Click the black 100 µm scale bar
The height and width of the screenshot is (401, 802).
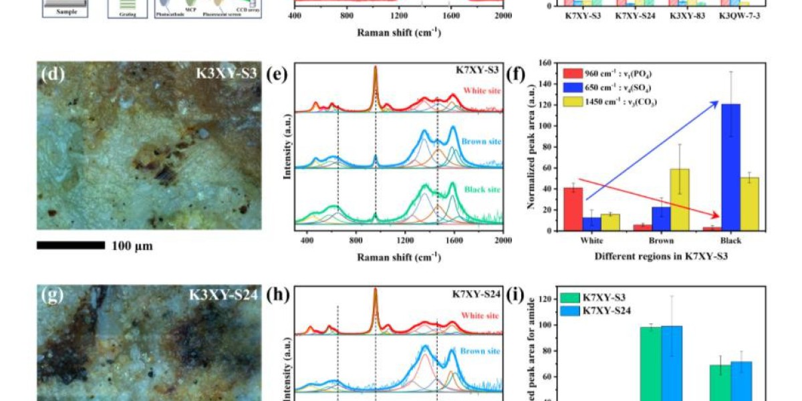(x=70, y=245)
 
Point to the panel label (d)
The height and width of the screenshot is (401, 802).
(x=53, y=74)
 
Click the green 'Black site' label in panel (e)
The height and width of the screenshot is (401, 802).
(x=480, y=190)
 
